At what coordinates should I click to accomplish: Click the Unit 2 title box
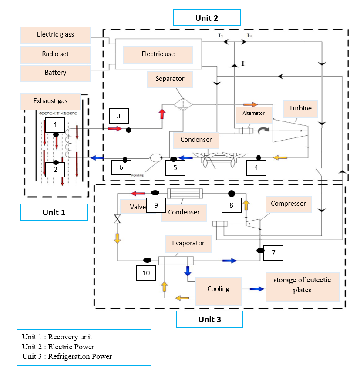click(207, 18)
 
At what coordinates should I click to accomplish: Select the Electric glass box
click(55, 34)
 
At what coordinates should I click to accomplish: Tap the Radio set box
click(55, 54)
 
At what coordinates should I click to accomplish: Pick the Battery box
click(55, 73)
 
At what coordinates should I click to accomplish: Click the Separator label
click(170, 79)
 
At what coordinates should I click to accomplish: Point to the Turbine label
click(300, 108)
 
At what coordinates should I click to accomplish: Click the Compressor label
click(288, 204)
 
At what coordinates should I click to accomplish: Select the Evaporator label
click(188, 244)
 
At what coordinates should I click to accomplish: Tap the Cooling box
click(218, 289)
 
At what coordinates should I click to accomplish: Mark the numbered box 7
click(273, 252)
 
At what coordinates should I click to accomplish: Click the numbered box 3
click(118, 116)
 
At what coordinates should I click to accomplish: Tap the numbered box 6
click(121, 167)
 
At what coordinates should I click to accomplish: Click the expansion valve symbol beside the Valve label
click(117, 219)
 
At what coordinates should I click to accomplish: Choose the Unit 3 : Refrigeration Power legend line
click(67, 357)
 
